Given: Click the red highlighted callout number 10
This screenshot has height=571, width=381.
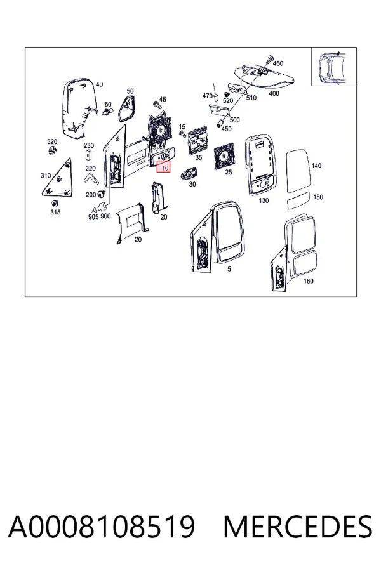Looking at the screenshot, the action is pos(164,167).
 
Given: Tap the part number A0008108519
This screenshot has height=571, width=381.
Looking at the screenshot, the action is pos(102,527).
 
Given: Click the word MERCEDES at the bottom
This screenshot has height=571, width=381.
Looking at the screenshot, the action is pos(298,527).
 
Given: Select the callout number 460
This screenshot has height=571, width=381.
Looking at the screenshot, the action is pos(278,63).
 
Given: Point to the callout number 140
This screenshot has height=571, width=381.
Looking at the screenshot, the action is pos(316,166).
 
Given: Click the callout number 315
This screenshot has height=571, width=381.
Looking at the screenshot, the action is pos(55,212).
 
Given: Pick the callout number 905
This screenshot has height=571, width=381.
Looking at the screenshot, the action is pos(93,217).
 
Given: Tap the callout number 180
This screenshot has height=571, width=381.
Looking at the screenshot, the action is pos(309,281).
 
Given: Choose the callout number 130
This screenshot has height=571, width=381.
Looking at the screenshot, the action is pos(264,200).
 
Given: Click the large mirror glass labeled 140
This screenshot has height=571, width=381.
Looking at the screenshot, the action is pos(298,171).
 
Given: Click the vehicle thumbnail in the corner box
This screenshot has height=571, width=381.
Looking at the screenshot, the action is pos(333,68).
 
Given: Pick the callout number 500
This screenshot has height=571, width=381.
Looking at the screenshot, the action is pos(235,120).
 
